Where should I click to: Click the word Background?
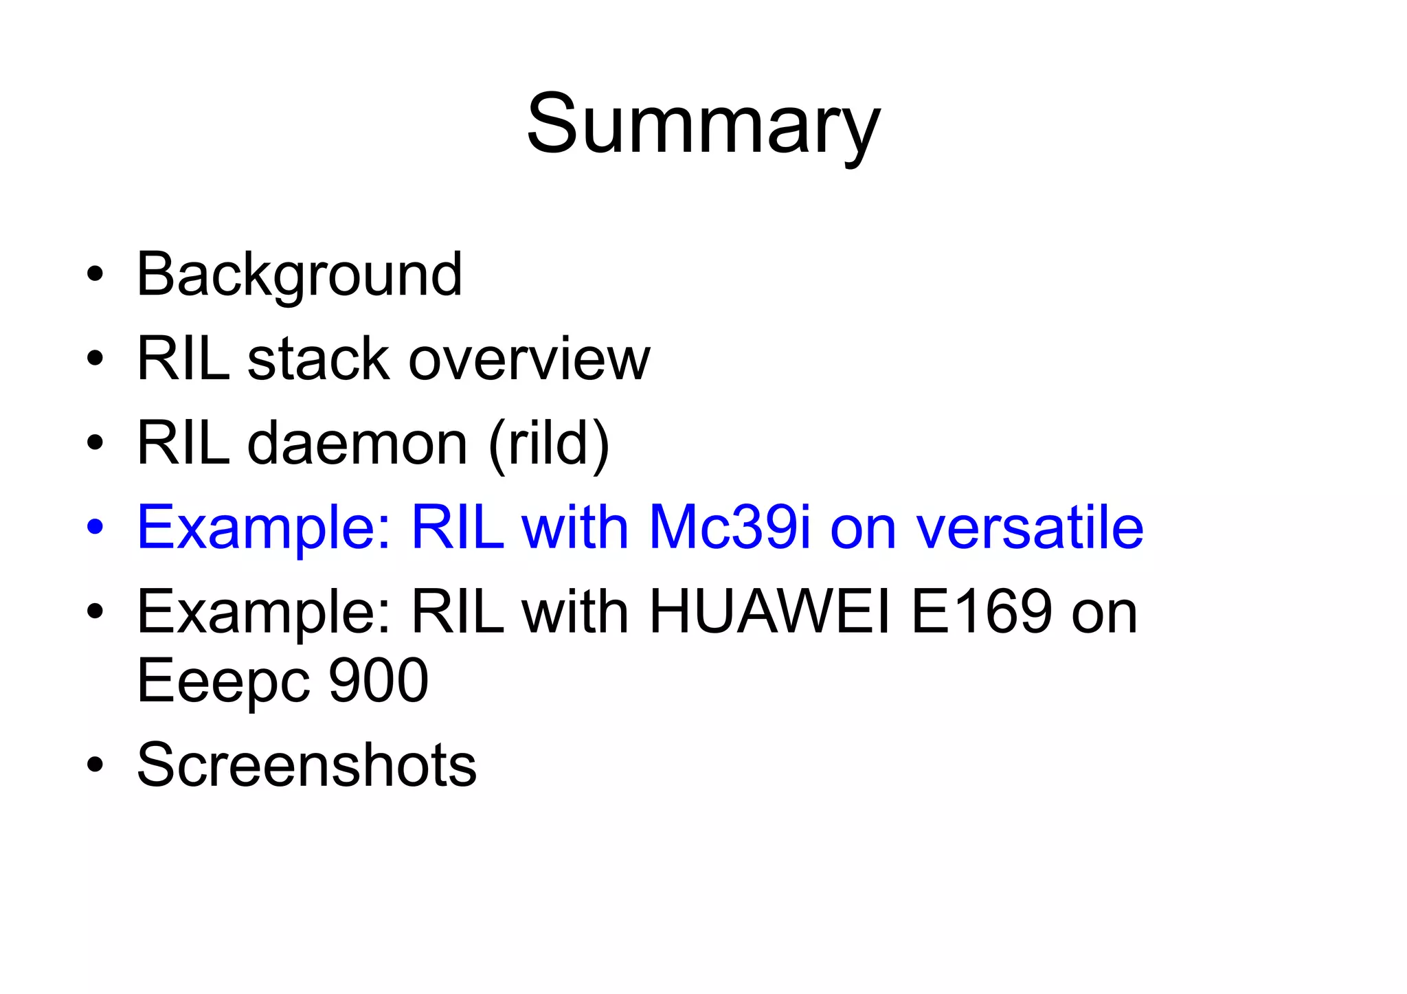click(299, 275)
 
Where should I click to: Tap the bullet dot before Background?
click(95, 275)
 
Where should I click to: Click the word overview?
click(529, 359)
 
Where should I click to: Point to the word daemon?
click(357, 444)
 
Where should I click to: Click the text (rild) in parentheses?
click(549, 444)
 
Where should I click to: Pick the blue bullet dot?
click(95, 528)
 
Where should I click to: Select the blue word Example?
click(264, 528)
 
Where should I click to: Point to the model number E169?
click(981, 612)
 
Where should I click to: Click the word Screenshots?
click(306, 765)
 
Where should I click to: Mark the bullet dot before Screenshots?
click(95, 765)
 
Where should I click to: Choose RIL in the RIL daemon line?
click(183, 444)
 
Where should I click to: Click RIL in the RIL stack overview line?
click(183, 359)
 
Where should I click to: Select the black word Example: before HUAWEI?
click(264, 612)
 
